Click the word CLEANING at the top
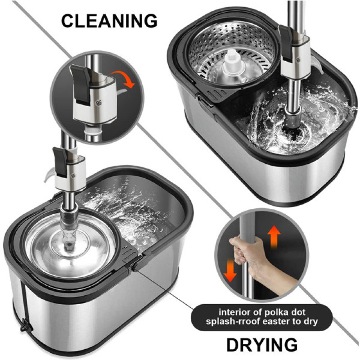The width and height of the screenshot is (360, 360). click(x=109, y=21)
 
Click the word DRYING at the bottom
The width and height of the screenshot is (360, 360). click(x=262, y=345)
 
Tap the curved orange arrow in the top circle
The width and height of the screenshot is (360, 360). click(x=123, y=78)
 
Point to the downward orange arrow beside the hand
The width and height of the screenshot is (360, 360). click(x=230, y=270)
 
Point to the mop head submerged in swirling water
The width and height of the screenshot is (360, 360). click(x=294, y=124)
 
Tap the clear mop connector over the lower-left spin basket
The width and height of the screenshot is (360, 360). click(x=68, y=232)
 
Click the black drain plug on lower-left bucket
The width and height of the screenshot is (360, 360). click(x=26, y=326)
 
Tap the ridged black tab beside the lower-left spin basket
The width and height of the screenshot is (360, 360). click(x=130, y=253)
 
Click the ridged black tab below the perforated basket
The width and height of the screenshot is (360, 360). click(x=215, y=95)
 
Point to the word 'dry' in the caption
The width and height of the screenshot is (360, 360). click(x=311, y=322)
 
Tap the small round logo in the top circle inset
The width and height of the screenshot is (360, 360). click(x=99, y=103)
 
